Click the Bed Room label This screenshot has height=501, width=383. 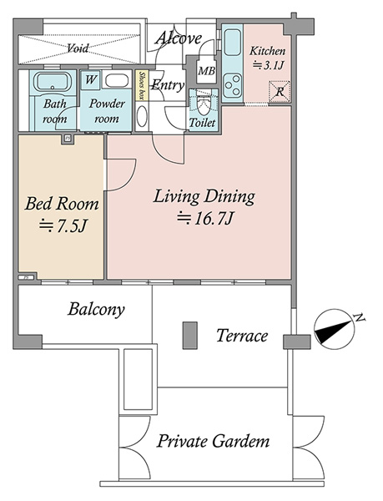tap(62, 204)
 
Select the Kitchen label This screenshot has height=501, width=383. tap(267, 51)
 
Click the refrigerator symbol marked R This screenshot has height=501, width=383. tap(280, 92)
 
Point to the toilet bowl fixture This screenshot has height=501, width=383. tap(203, 105)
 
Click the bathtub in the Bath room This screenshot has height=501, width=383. tap(53, 83)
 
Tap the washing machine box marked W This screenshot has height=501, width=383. tap(91, 79)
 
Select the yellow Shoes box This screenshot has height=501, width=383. tap(142, 86)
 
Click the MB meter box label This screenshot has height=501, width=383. tap(206, 71)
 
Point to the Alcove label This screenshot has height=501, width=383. tap(179, 38)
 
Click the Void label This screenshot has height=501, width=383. tap(78, 48)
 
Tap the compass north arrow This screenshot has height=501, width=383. tap(335, 329)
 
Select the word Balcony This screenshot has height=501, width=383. tap(96, 309)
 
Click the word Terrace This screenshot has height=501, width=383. tap(242, 336)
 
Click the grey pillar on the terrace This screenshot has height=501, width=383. tap(189, 335)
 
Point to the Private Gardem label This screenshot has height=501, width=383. tap(213, 441)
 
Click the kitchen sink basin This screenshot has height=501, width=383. tap(232, 43)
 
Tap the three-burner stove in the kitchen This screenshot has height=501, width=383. tap(232, 85)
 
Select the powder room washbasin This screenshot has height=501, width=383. tap(117, 81)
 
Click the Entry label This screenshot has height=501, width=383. tap(168, 86)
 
